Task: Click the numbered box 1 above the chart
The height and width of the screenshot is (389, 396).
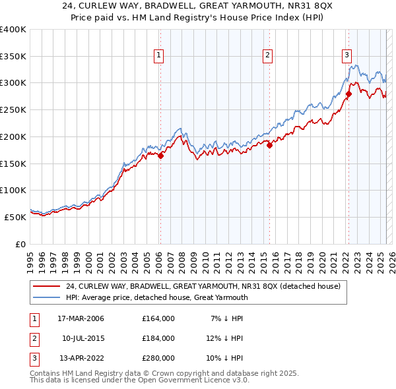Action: pos(160,55)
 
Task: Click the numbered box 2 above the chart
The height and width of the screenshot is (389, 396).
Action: pos(268,55)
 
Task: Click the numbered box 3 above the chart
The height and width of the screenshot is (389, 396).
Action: pos(346,55)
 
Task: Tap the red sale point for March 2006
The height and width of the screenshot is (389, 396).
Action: pos(160,156)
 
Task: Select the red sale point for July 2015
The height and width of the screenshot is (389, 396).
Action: pos(269,146)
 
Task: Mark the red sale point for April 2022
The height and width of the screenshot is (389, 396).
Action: pos(348,94)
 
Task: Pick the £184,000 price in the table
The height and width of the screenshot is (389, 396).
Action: pos(158,338)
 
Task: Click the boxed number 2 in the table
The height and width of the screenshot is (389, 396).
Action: pos(33,338)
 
